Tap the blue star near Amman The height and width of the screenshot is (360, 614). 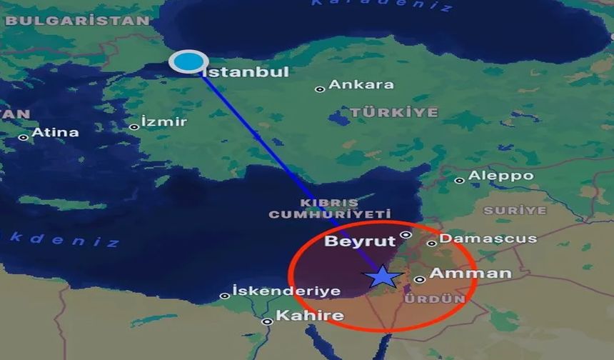point(383,276)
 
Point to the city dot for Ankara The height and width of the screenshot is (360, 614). point(320,89)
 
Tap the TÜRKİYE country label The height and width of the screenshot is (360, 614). point(393,113)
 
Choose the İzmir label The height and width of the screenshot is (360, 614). point(164,121)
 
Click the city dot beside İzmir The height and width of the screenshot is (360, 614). point(134,127)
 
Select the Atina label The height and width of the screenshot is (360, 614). point(56,132)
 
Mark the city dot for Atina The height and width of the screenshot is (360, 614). point(24,137)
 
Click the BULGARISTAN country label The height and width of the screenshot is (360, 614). point(77,21)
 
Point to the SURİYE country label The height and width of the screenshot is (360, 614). point(515,211)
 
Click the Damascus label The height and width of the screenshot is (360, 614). point(478,239)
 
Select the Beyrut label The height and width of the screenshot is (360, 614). point(360,241)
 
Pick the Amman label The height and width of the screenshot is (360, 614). point(471,273)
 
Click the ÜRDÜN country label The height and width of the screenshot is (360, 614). point(435,299)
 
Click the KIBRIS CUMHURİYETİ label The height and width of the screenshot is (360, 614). point(330,209)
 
